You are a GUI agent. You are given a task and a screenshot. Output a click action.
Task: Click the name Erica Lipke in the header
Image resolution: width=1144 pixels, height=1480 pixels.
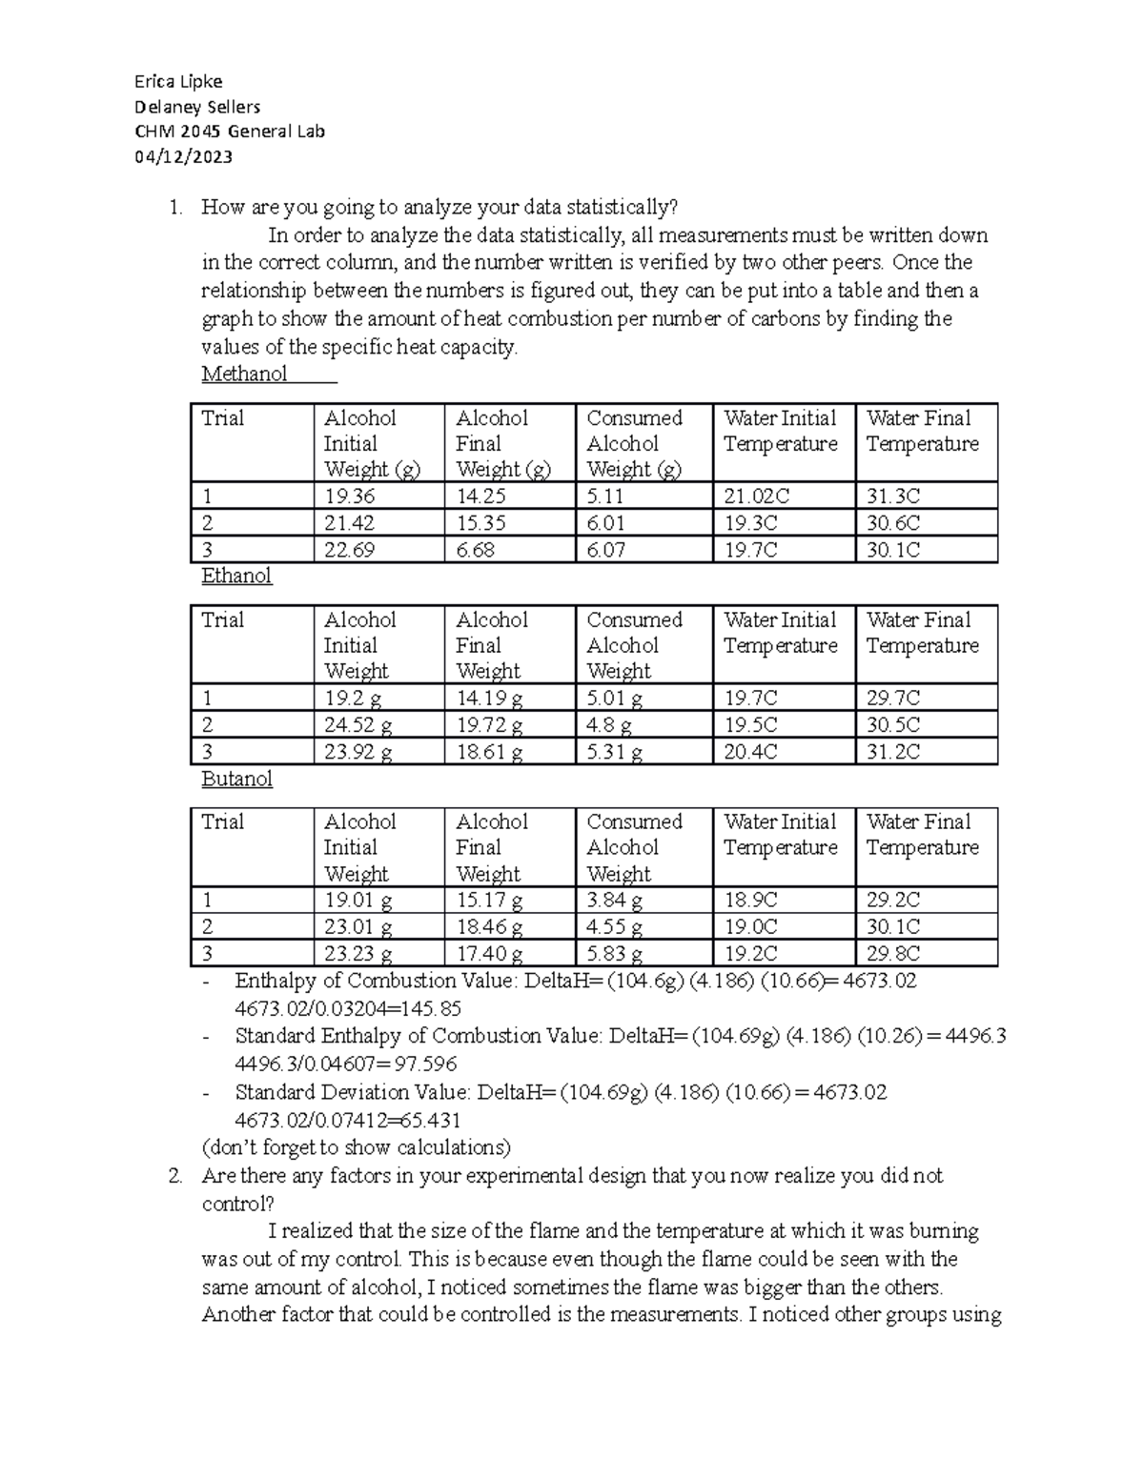[x=180, y=81]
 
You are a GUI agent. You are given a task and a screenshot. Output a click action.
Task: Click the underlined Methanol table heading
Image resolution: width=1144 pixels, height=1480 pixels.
[x=245, y=374]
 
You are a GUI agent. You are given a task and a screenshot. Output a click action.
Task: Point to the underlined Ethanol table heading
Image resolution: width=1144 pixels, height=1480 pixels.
[x=237, y=576]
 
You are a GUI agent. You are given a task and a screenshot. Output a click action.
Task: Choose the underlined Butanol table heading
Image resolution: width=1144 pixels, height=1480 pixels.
[x=237, y=779]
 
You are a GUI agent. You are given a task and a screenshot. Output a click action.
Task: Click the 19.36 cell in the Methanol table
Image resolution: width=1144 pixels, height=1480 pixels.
[x=349, y=496]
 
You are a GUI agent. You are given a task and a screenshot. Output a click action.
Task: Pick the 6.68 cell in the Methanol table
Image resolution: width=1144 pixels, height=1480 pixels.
[x=475, y=550]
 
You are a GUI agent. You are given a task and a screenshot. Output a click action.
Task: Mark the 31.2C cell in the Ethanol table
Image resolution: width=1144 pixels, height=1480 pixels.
[x=893, y=752]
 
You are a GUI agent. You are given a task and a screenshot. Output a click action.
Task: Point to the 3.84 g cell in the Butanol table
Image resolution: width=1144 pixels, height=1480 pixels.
[x=614, y=900]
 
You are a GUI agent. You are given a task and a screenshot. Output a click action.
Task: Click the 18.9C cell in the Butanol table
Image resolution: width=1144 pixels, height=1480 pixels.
[x=750, y=900]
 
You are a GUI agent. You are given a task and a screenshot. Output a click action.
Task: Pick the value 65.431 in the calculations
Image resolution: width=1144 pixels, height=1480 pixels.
[x=426, y=1120]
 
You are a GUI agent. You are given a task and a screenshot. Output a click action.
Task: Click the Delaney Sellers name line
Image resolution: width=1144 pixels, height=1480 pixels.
[x=197, y=107]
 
